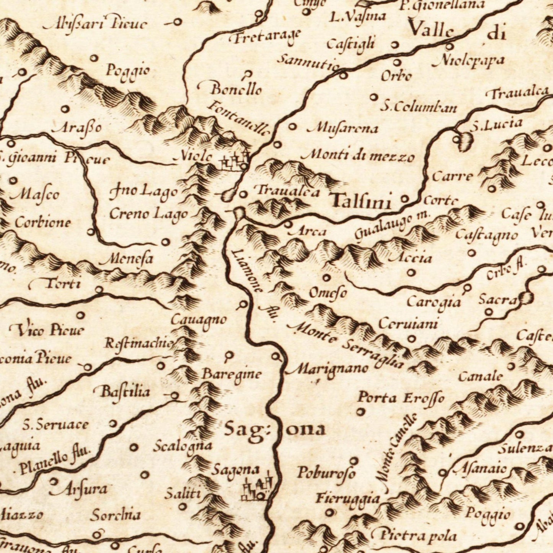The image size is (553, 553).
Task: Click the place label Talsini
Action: click(x=361, y=201)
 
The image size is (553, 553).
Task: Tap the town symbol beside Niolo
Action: click(x=235, y=162)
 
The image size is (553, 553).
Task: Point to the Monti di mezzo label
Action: click(x=357, y=156)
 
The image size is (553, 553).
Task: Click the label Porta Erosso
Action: click(x=400, y=398)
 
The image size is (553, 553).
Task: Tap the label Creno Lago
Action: click(x=148, y=214)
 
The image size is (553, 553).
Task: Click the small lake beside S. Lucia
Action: click(x=464, y=141)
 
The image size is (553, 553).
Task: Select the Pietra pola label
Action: click(x=414, y=535)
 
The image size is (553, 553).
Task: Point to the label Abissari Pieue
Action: click(x=95, y=24)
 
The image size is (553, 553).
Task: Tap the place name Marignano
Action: click(x=328, y=369)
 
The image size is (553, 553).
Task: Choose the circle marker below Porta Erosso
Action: click(x=361, y=412)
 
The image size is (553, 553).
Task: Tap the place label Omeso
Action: click(x=328, y=294)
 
